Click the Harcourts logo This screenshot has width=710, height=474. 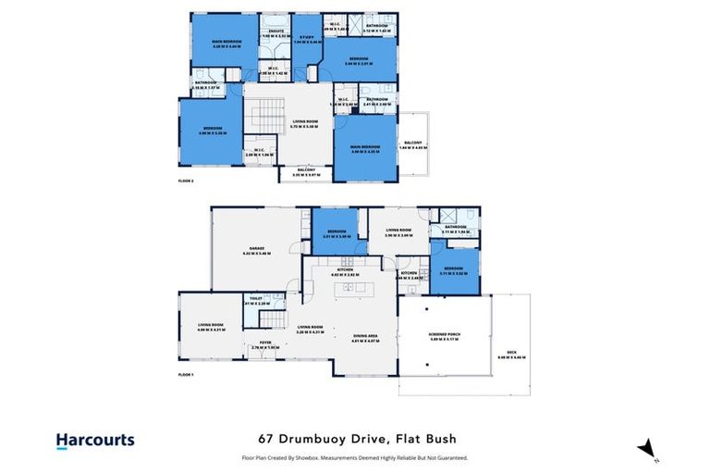point(95,441)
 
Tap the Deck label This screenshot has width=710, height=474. point(511,355)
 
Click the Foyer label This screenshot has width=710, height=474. point(266,345)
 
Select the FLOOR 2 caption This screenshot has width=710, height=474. point(185,181)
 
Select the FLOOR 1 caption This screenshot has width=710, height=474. point(185,375)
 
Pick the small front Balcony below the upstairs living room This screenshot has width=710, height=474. point(305,171)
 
